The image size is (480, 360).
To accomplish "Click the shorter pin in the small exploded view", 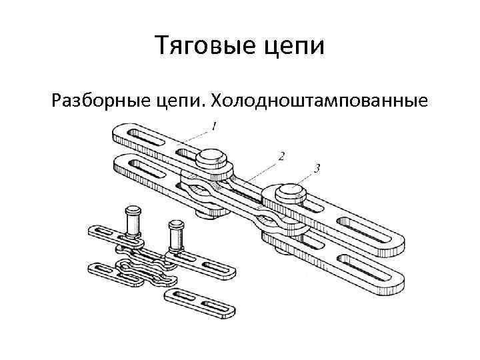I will pos(177,234).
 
